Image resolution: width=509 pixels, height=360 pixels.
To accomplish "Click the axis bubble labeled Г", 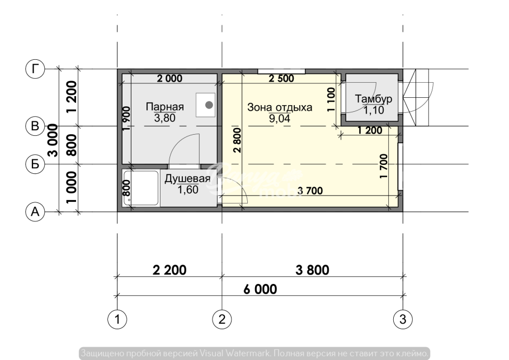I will [35, 69].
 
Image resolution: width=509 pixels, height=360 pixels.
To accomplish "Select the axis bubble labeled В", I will [35, 127].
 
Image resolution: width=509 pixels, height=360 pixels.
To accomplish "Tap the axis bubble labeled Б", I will [35, 164].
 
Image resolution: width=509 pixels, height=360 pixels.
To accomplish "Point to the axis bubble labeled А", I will [35, 212].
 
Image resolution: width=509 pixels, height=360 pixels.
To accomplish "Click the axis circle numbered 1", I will [117, 320].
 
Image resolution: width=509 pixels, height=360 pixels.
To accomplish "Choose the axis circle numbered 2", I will [223, 320].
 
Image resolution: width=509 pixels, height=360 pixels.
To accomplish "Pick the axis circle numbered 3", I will [403, 320].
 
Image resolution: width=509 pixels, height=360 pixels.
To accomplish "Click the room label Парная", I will [165, 106].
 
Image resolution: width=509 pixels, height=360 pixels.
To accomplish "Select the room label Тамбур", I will [374, 99].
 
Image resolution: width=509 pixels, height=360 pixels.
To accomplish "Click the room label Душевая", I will [187, 179].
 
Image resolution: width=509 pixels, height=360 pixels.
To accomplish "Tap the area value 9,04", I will [279, 119].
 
